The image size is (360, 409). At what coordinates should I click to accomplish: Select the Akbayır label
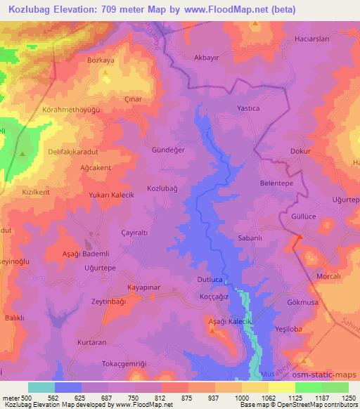click(206, 58)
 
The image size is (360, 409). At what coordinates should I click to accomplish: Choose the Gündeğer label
click(168, 150)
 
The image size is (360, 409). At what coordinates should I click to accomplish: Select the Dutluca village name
click(209, 280)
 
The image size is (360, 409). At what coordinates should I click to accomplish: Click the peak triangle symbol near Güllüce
click(299, 237)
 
